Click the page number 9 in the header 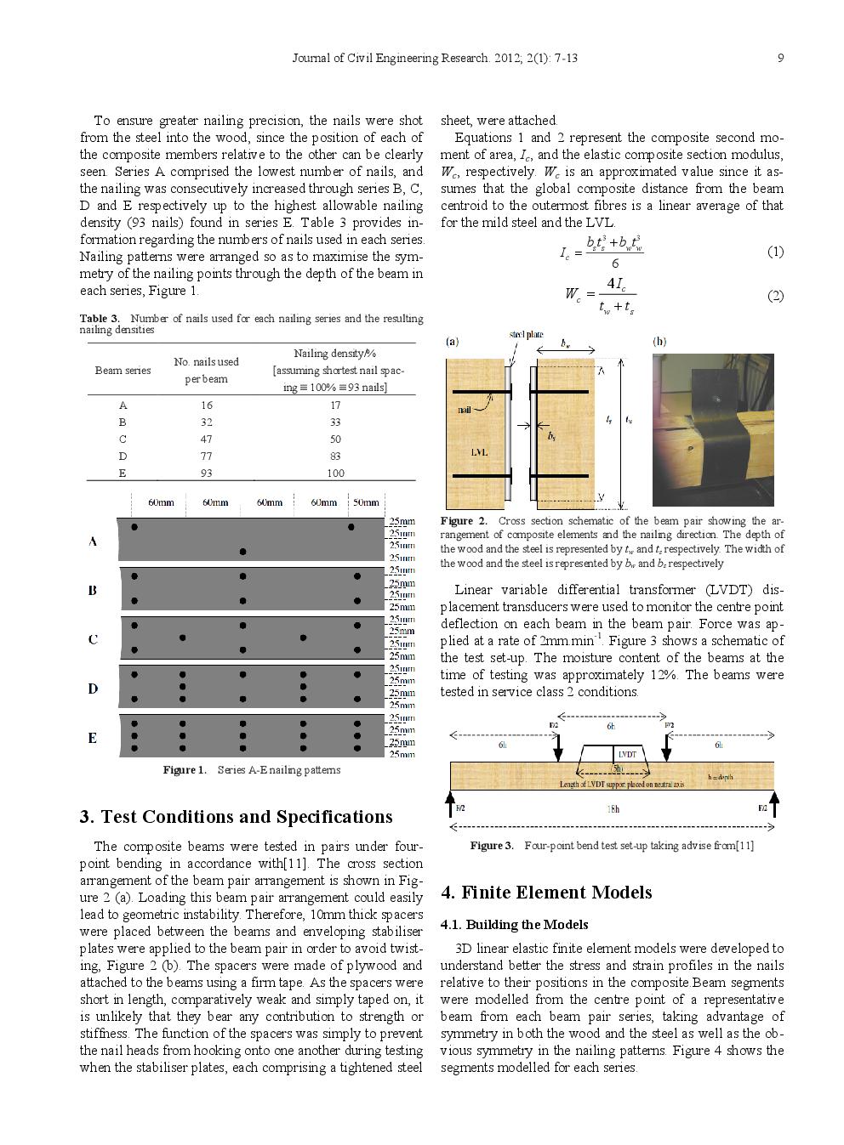780,58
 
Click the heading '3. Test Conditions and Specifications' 236,817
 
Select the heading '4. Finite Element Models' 546,893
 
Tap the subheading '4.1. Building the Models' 514,925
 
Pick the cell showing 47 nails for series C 207,439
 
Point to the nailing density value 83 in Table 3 335,456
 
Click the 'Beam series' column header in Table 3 123,371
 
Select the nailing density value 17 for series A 335,405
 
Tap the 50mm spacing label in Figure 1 366,502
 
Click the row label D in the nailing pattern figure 93,689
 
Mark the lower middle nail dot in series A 242,552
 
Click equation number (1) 775,252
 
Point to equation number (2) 775,296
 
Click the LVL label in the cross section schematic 479,452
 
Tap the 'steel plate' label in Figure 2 526,335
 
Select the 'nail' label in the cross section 464,410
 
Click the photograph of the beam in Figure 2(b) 712,429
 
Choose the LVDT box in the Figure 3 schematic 627,754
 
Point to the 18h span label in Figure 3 613,809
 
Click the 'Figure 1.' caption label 185,770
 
